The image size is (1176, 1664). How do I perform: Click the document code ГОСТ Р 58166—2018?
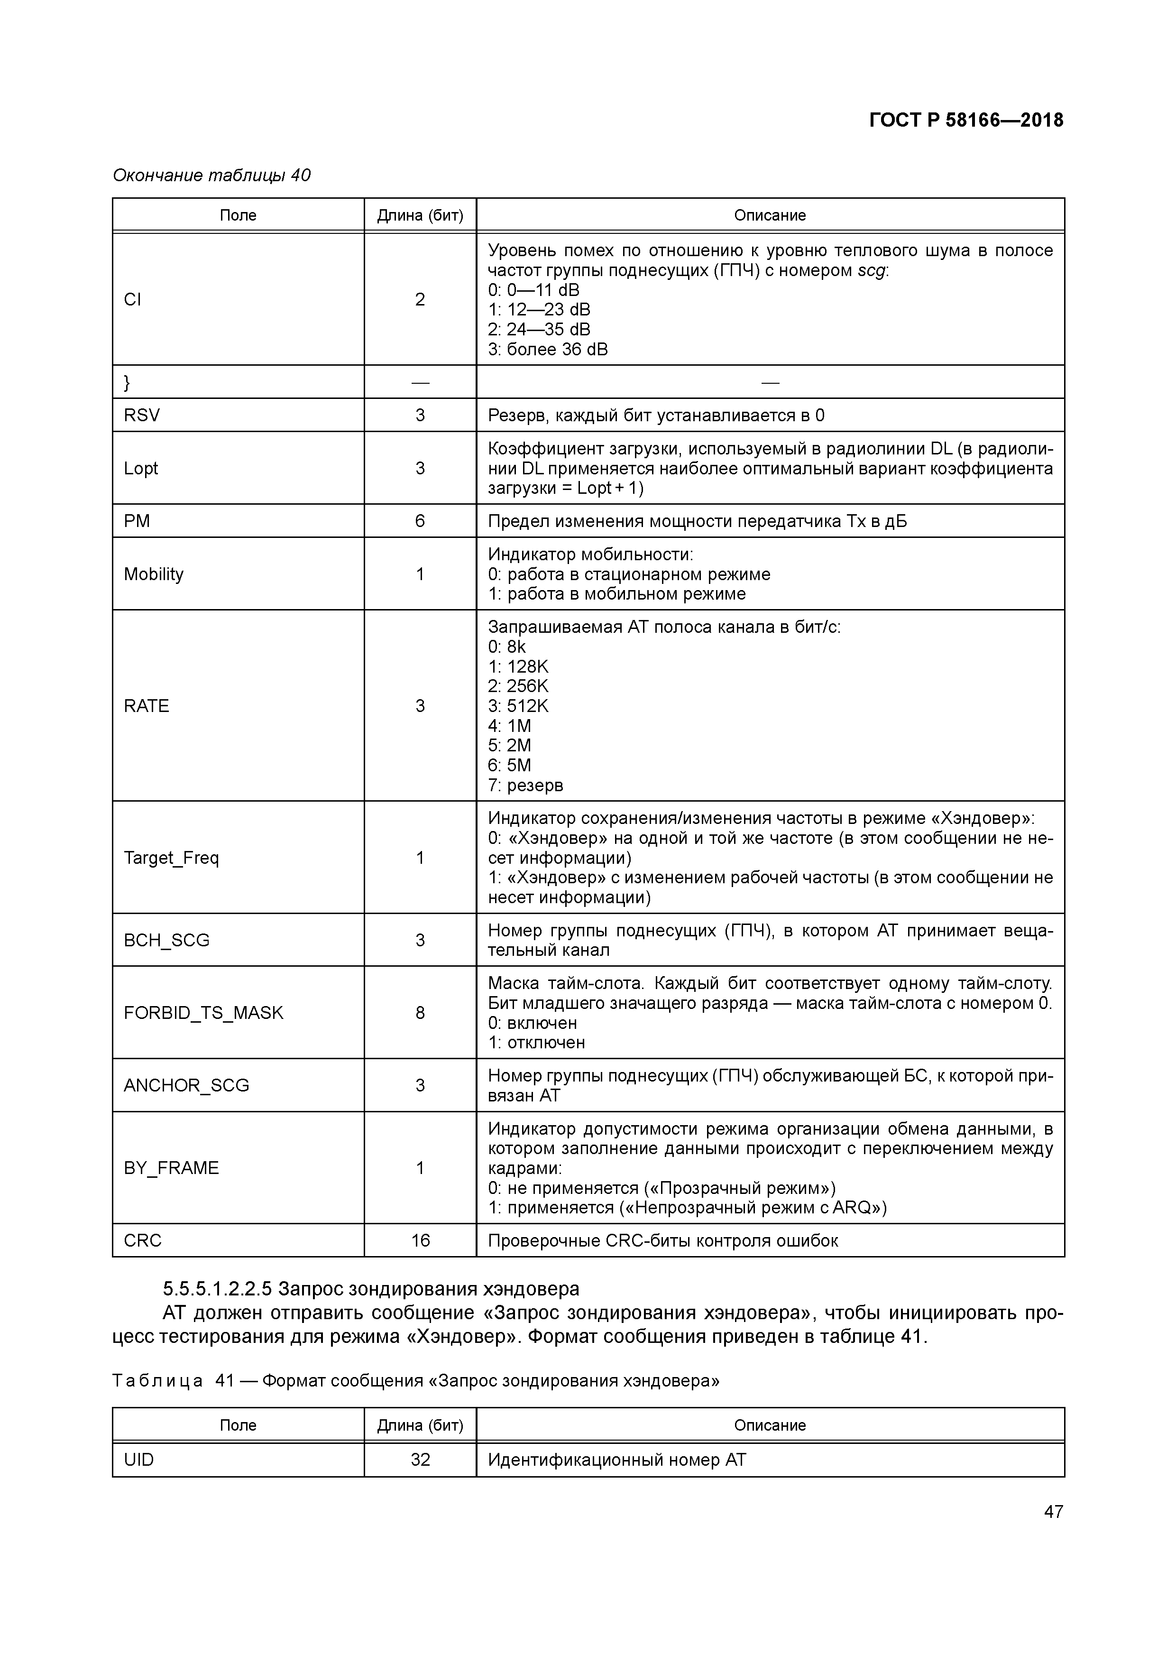pyautogui.click(x=966, y=120)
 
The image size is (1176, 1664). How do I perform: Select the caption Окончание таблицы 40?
pyautogui.click(x=211, y=176)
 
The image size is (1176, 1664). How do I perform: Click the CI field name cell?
pyautogui.click(x=133, y=299)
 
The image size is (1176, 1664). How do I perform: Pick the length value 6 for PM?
pyautogui.click(x=420, y=521)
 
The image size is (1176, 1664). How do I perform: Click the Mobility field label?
pyautogui.click(x=154, y=574)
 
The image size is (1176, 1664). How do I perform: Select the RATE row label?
pyautogui.click(x=147, y=706)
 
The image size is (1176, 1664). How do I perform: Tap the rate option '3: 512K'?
pyautogui.click(x=518, y=706)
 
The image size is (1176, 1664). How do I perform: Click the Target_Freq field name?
pyautogui.click(x=171, y=858)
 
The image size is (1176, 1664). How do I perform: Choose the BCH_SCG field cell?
pyautogui.click(x=166, y=940)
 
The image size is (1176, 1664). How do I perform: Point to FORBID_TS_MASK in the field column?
pyautogui.click(x=203, y=1012)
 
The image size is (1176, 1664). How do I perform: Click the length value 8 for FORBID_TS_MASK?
pyautogui.click(x=420, y=1012)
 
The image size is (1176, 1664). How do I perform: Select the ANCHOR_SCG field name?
pyautogui.click(x=186, y=1085)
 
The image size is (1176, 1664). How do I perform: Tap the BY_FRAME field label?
pyautogui.click(x=171, y=1167)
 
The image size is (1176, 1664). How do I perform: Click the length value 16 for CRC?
pyautogui.click(x=420, y=1240)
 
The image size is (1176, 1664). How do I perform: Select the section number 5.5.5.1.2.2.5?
pyautogui.click(x=217, y=1289)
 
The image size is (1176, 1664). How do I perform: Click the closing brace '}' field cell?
pyautogui.click(x=128, y=382)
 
